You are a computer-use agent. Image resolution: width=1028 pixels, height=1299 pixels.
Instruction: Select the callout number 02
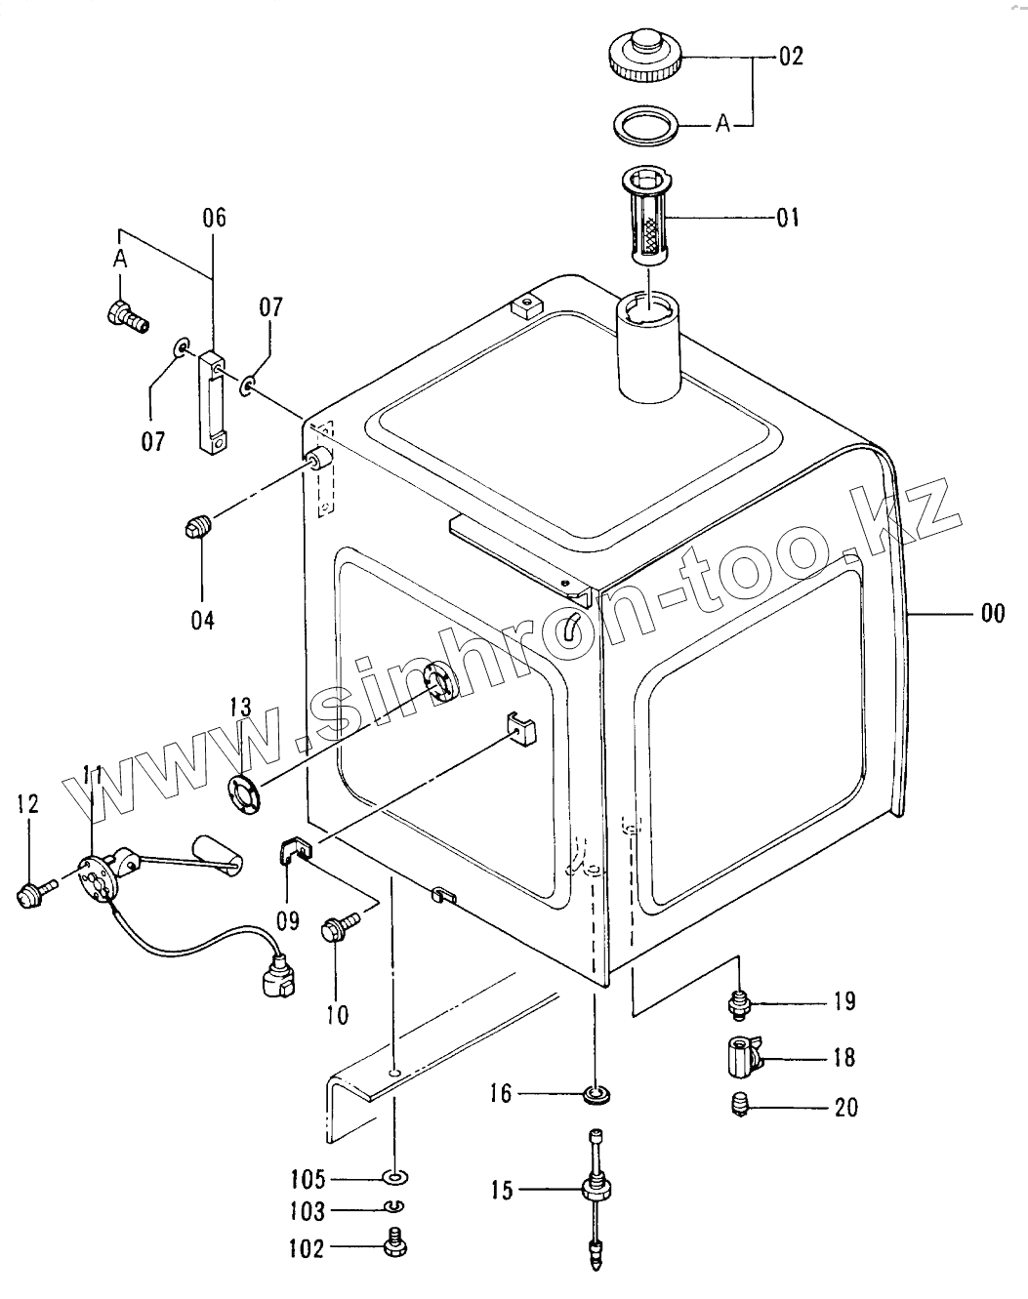791,56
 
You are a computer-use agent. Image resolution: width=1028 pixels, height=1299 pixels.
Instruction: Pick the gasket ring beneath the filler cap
642,126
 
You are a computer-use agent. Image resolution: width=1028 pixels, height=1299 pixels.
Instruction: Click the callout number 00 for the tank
992,613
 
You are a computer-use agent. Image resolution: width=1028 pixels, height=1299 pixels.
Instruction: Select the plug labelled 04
198,528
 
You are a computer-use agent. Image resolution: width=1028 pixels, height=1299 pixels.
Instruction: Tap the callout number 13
241,706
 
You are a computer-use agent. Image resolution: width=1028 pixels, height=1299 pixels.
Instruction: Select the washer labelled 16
595,1094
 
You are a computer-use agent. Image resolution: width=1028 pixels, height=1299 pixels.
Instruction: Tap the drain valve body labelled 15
595,1190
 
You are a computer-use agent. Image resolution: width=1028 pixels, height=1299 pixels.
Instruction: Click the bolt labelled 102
395,1247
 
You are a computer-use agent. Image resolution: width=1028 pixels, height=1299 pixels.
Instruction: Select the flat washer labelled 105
395,1176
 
